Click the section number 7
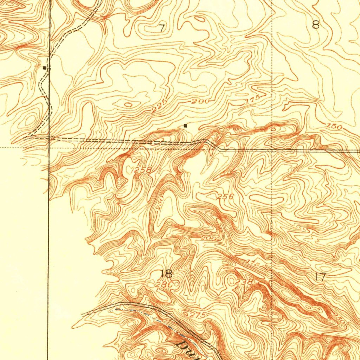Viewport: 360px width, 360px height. [161, 28]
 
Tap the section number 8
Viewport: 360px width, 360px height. [315, 25]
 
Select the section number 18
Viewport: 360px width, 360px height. [166, 274]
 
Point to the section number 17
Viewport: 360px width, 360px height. [320, 276]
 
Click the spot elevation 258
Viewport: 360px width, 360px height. [143, 170]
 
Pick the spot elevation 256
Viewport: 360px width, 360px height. [225, 197]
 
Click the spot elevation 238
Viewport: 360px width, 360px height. [244, 282]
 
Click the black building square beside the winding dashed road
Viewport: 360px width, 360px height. [44, 67]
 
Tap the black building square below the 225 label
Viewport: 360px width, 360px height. [185, 126]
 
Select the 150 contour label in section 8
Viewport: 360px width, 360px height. [334, 126]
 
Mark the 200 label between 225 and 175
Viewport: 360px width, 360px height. [201, 102]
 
